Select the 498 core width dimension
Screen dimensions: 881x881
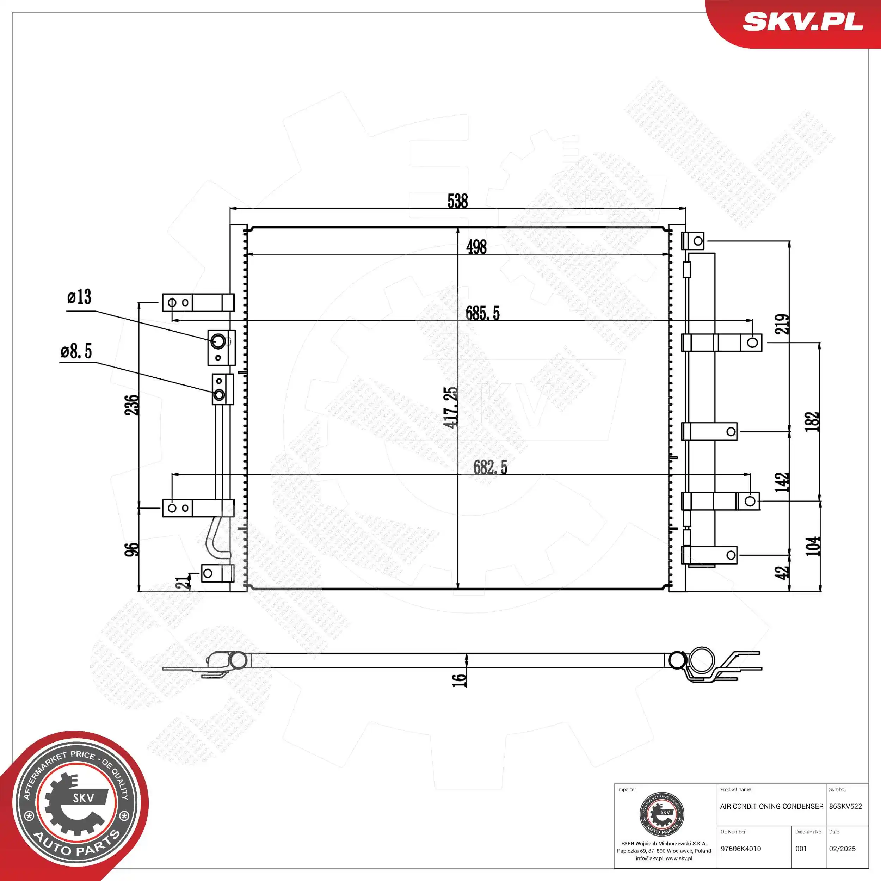pyautogui.click(x=476, y=247)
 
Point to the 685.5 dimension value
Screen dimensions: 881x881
pyautogui.click(x=482, y=313)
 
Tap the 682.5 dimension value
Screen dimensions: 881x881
pyautogui.click(x=490, y=467)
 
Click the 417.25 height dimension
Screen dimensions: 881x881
pyautogui.click(x=450, y=407)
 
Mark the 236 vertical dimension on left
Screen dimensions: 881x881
pyautogui.click(x=131, y=405)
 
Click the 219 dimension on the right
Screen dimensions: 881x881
pyautogui.click(x=782, y=324)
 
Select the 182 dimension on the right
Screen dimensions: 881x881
pyautogui.click(x=812, y=422)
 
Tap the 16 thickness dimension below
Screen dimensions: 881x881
pyautogui.click(x=459, y=680)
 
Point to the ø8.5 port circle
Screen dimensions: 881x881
pyautogui.click(x=219, y=395)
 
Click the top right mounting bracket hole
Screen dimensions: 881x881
pyautogui.click(x=698, y=241)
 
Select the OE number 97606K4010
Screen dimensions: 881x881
pyautogui.click(x=740, y=849)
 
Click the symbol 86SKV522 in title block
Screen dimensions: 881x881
pyautogui.click(x=845, y=806)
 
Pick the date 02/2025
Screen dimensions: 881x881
pyautogui.click(x=842, y=849)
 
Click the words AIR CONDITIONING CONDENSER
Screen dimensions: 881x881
pyautogui.click(x=771, y=806)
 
